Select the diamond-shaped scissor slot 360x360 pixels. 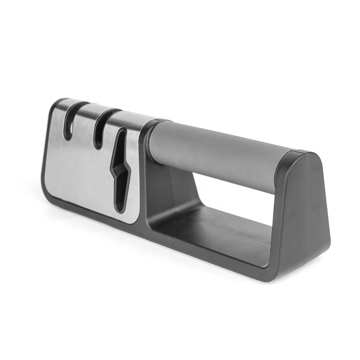pos(121,169)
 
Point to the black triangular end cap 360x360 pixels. pos(306,216)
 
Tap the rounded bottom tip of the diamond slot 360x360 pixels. pos(120,209)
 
